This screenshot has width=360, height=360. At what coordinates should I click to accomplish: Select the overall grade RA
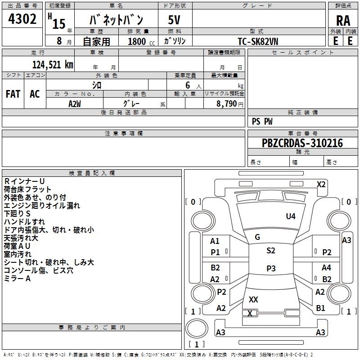point(343,20)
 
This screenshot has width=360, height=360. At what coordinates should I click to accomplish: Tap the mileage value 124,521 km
point(53,65)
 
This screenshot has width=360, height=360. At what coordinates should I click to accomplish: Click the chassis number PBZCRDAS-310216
point(302,143)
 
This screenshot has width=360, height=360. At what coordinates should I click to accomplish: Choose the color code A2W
point(75,103)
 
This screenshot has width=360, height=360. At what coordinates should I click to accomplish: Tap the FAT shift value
point(13,94)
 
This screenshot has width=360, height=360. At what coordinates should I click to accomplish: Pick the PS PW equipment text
point(262,121)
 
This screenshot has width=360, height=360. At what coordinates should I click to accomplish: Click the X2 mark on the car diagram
point(321,184)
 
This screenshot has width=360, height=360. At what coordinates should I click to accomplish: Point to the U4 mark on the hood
point(291,216)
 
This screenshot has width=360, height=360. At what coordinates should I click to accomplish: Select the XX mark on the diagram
point(253,299)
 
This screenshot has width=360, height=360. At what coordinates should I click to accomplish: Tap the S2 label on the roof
point(270,251)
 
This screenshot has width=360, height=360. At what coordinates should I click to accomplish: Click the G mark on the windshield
point(257,237)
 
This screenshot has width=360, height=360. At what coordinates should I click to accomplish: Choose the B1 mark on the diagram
point(321,308)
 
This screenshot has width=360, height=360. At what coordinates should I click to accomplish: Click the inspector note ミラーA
point(17,279)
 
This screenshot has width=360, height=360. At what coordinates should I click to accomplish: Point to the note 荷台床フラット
point(27,189)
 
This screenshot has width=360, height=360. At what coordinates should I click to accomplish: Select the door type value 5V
point(175,20)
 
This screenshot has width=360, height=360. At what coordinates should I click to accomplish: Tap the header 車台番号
point(303,134)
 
